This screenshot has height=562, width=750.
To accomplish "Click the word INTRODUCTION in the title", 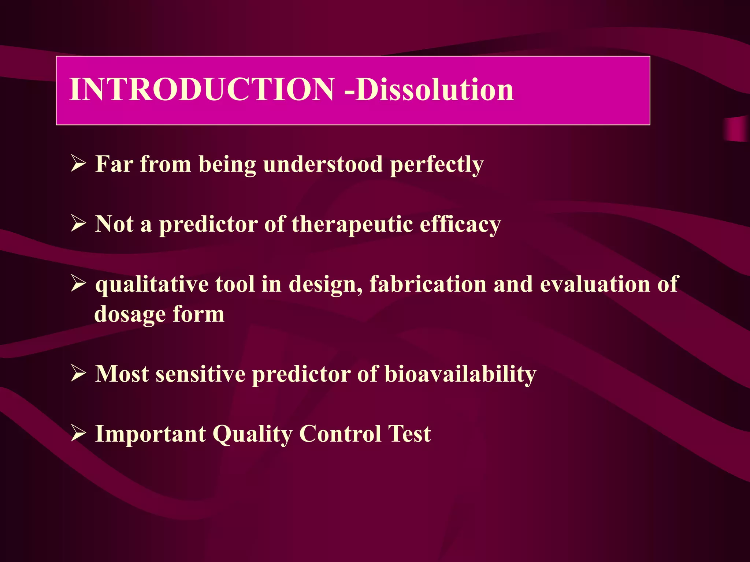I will coord(201,90).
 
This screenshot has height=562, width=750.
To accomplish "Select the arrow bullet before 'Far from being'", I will coord(78,164).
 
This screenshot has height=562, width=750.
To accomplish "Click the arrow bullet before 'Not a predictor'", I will coord(78,224).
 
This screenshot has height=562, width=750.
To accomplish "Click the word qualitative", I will coord(152,285).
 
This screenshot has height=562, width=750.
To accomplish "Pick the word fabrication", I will coord(428,284).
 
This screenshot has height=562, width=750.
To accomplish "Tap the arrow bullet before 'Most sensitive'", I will coord(78,374).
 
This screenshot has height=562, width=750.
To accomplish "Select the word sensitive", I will coord(200,374).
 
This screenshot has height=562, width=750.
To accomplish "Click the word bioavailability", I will coord(460,375).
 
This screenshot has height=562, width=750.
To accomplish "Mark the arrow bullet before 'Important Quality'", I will coord(78,434).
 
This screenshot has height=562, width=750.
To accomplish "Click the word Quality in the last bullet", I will coord(252,435).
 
